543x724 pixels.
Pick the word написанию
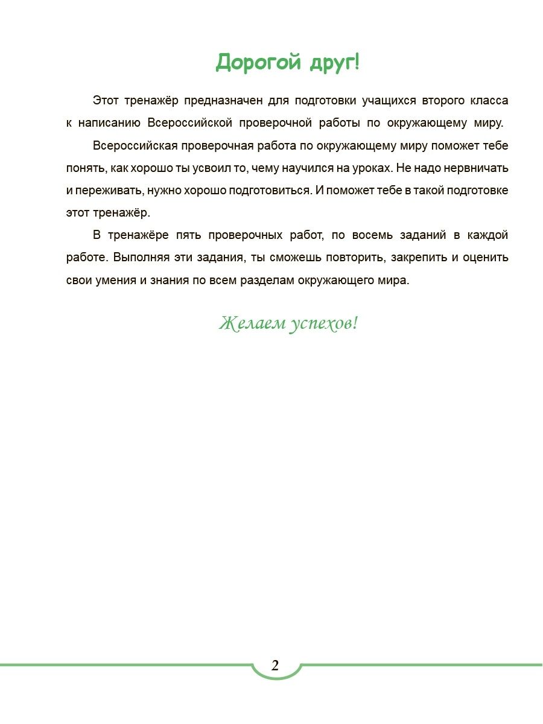point(110,123)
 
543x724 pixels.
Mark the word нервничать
point(478,168)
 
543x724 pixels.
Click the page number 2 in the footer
point(275,666)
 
